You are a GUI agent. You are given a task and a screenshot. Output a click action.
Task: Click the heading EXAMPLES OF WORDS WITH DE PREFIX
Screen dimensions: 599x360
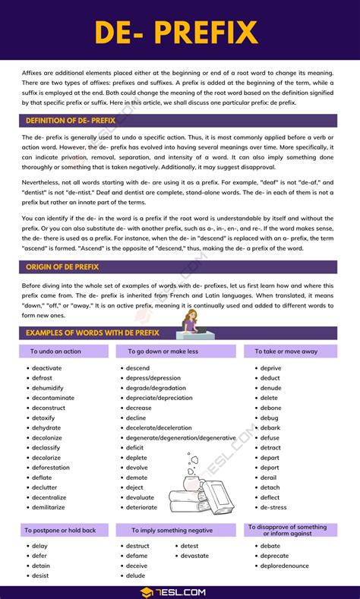[x=93, y=333]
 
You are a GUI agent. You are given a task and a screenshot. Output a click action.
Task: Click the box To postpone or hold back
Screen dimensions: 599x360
[x=60, y=530]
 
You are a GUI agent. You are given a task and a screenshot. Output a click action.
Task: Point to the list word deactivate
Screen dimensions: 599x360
[x=47, y=368]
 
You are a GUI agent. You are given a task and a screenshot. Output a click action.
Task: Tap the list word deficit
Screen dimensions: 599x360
[x=135, y=448]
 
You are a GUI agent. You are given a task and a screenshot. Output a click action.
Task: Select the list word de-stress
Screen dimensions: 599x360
[x=273, y=507]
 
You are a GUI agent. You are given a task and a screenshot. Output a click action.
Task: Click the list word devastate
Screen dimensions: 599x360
[x=194, y=556]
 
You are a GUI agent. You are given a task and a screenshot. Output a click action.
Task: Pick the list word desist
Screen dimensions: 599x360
[x=40, y=575]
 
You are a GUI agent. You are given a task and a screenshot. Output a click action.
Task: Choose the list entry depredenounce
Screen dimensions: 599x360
[x=285, y=566]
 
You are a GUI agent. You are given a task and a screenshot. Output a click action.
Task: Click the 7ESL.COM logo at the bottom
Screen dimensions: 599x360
[x=179, y=591]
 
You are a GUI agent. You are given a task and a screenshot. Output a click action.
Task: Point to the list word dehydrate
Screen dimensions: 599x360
[x=46, y=427]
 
